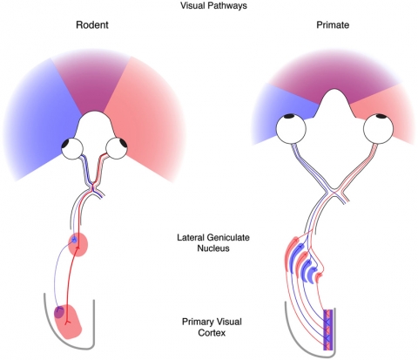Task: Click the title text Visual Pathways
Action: (x=213, y=5)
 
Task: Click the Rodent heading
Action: (x=92, y=24)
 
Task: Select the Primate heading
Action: (x=333, y=24)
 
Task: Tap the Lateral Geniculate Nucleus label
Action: (x=213, y=242)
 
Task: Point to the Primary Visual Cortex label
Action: (x=212, y=327)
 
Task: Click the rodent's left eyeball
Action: (x=72, y=148)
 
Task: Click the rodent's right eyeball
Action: (x=117, y=148)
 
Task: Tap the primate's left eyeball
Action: (x=291, y=129)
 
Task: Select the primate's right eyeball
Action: (x=379, y=129)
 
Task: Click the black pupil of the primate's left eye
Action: (x=289, y=116)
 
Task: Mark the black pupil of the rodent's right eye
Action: (x=123, y=144)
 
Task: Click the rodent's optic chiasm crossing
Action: (x=92, y=187)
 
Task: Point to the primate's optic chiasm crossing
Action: (x=334, y=192)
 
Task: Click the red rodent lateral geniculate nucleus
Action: (x=78, y=244)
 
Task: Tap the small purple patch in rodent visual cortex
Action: (x=59, y=312)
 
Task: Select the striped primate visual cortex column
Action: (x=328, y=329)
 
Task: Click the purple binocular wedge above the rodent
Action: (x=91, y=81)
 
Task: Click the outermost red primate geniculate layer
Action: (x=291, y=254)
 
